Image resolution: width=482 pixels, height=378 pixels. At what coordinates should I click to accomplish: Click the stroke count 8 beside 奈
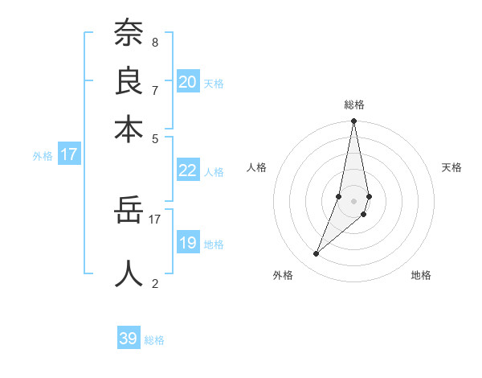154,41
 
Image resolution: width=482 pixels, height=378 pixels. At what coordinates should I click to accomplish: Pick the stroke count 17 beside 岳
155,217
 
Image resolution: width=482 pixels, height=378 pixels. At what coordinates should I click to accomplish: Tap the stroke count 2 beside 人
154,282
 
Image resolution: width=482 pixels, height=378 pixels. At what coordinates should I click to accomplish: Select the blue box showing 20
188,82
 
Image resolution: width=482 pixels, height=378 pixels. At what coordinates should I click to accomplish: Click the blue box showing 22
188,170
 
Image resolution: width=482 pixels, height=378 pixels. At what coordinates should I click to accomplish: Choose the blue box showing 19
188,243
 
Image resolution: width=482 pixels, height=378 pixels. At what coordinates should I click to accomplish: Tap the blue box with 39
129,339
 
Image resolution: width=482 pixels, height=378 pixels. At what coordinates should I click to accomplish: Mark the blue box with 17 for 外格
69,154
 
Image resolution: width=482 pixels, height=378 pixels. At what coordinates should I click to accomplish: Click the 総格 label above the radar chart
353,105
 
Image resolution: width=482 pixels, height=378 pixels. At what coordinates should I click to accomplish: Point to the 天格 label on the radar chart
451,167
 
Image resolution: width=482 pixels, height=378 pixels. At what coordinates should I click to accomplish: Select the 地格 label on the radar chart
421,275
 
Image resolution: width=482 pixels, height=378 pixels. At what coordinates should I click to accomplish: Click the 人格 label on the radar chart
256,167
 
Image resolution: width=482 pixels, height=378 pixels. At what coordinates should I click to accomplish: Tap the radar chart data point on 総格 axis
353,121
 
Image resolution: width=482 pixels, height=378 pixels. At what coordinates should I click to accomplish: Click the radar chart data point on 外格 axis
316,254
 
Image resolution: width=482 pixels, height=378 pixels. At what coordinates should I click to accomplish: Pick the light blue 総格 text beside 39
154,340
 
